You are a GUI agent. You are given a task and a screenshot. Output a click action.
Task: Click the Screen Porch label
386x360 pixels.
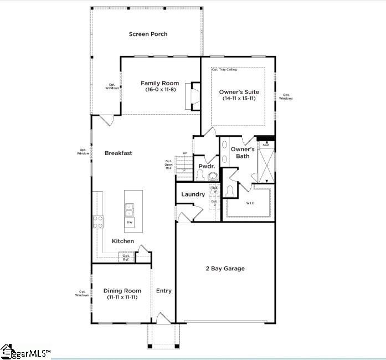(x=148, y=34)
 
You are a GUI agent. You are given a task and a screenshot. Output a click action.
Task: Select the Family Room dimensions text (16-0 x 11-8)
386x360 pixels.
(x=161, y=90)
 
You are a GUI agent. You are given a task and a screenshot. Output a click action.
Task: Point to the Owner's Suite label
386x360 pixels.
(x=239, y=92)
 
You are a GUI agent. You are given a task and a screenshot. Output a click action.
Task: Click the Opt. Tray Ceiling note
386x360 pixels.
(x=224, y=70)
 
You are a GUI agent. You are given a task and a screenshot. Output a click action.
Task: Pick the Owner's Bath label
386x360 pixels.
(x=243, y=153)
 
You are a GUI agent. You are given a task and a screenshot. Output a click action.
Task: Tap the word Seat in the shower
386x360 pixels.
(x=266, y=145)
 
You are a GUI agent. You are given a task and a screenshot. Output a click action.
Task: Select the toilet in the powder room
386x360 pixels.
(x=212, y=176)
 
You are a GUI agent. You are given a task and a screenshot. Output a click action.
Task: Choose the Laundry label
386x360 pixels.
(x=193, y=194)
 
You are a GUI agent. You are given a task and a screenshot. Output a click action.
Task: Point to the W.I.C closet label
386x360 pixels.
(x=251, y=203)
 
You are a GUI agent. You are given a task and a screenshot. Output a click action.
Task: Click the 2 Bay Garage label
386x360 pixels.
(x=225, y=269)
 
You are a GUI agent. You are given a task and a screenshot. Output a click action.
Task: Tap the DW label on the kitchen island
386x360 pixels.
(x=130, y=222)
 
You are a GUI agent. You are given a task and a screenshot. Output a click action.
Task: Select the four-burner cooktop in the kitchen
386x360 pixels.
(x=98, y=222)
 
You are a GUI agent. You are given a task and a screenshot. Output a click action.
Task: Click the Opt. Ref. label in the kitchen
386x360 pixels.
(x=126, y=258)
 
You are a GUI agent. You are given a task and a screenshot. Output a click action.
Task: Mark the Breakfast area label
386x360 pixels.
(x=119, y=153)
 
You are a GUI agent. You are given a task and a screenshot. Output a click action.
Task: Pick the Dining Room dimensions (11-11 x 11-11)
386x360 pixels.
(x=122, y=297)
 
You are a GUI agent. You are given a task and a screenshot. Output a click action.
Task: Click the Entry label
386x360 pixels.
(x=164, y=291)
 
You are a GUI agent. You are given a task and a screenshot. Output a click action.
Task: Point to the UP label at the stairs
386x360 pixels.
(x=184, y=153)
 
